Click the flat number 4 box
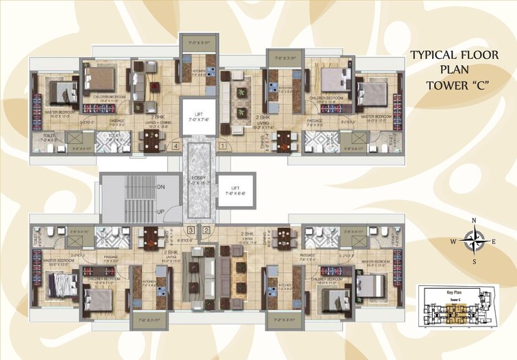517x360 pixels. click(x=176, y=145)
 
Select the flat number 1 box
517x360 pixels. click(x=222, y=145)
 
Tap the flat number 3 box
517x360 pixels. click(x=191, y=230)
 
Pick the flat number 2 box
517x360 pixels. click(x=206, y=230)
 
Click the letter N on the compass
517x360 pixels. click(x=474, y=220)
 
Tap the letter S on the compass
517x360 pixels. click(x=474, y=261)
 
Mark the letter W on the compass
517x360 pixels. click(x=452, y=241)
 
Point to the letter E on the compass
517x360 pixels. click(x=494, y=241)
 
